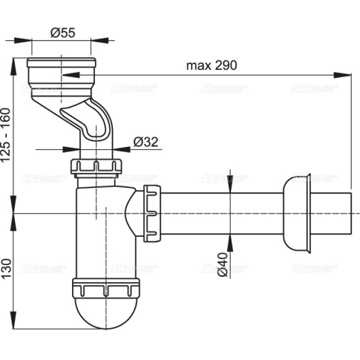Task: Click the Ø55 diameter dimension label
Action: (x=62, y=32)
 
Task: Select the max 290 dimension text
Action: (x=210, y=65)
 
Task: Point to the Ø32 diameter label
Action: (x=146, y=141)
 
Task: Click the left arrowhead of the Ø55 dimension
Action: (x=33, y=42)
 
